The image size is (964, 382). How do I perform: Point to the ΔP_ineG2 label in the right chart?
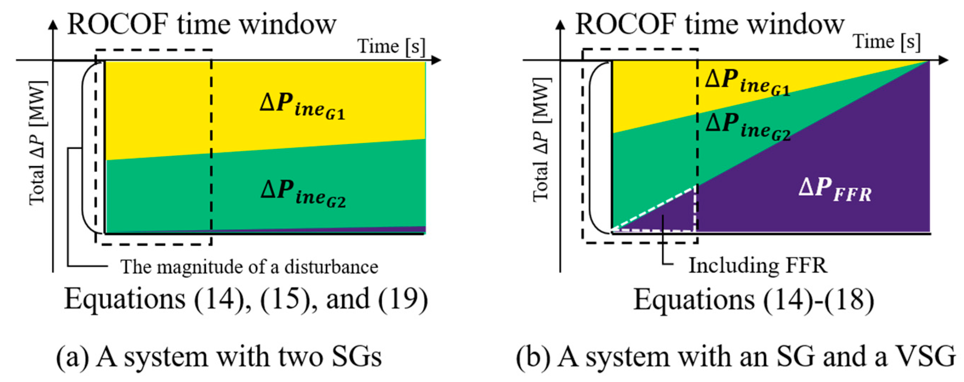[x=748, y=126]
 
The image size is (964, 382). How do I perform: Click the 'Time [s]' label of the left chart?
[x=392, y=47]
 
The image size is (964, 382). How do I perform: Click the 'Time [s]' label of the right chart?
[x=887, y=41]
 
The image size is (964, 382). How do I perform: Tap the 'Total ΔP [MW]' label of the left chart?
[x=38, y=143]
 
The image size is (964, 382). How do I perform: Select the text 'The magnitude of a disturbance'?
[x=249, y=267]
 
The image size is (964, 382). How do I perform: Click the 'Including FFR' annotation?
[x=758, y=266]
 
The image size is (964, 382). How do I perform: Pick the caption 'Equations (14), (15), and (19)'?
[x=246, y=299]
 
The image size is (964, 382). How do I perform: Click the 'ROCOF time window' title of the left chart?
[x=202, y=25]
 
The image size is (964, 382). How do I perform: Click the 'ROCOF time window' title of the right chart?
[x=710, y=25]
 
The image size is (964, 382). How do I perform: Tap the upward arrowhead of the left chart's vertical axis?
[x=53, y=25]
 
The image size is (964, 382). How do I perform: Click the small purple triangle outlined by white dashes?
[x=670, y=217]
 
